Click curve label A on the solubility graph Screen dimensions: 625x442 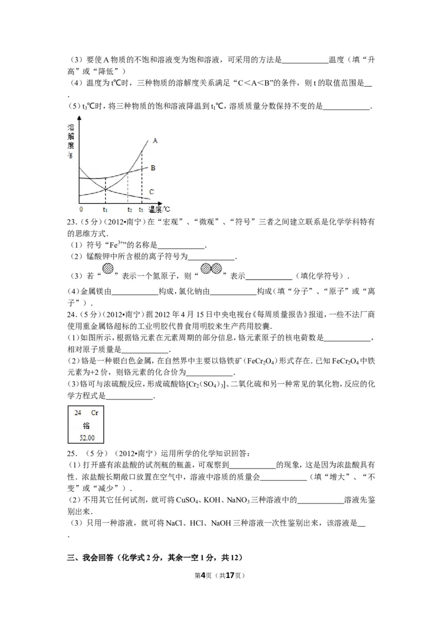pyautogui.click(x=155, y=141)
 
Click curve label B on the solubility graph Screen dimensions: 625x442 pyautogui.click(x=152, y=167)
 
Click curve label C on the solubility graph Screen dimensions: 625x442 pyautogui.click(x=151, y=192)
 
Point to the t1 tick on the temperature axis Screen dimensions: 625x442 pyautogui.click(x=105, y=210)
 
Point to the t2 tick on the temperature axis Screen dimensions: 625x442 pyautogui.click(x=130, y=210)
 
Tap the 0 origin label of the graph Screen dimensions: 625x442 pyautogui.click(x=81, y=210)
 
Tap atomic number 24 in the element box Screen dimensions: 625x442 pyautogui.click(x=78, y=413)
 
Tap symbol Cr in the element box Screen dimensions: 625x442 pyautogui.click(x=94, y=413)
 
